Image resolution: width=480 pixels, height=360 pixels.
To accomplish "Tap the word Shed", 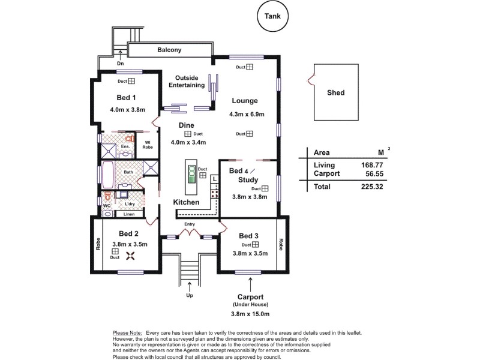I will click(x=335, y=93).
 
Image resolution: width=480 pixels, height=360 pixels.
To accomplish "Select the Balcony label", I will click(x=169, y=50).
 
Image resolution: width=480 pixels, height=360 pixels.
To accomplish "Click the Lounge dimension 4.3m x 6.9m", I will click(x=247, y=114).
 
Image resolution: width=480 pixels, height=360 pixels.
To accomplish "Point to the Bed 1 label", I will click(x=126, y=97).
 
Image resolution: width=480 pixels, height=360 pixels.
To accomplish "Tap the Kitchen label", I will click(x=186, y=203).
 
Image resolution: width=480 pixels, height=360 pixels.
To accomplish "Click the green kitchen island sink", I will click(x=191, y=175).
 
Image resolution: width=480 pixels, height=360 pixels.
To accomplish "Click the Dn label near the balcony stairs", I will click(x=121, y=63).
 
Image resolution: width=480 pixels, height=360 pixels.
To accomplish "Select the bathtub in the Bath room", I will click(x=108, y=175).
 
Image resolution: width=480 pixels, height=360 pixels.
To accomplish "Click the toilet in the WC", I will click(x=107, y=196).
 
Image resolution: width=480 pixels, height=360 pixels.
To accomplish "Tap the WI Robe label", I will click(x=147, y=145).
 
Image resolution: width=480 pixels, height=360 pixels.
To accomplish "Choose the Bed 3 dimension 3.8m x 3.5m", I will click(x=250, y=253).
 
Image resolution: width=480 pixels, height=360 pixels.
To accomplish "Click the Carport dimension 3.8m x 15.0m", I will click(x=250, y=314).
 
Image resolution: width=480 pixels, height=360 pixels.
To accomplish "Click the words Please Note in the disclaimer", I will click(x=127, y=332).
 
